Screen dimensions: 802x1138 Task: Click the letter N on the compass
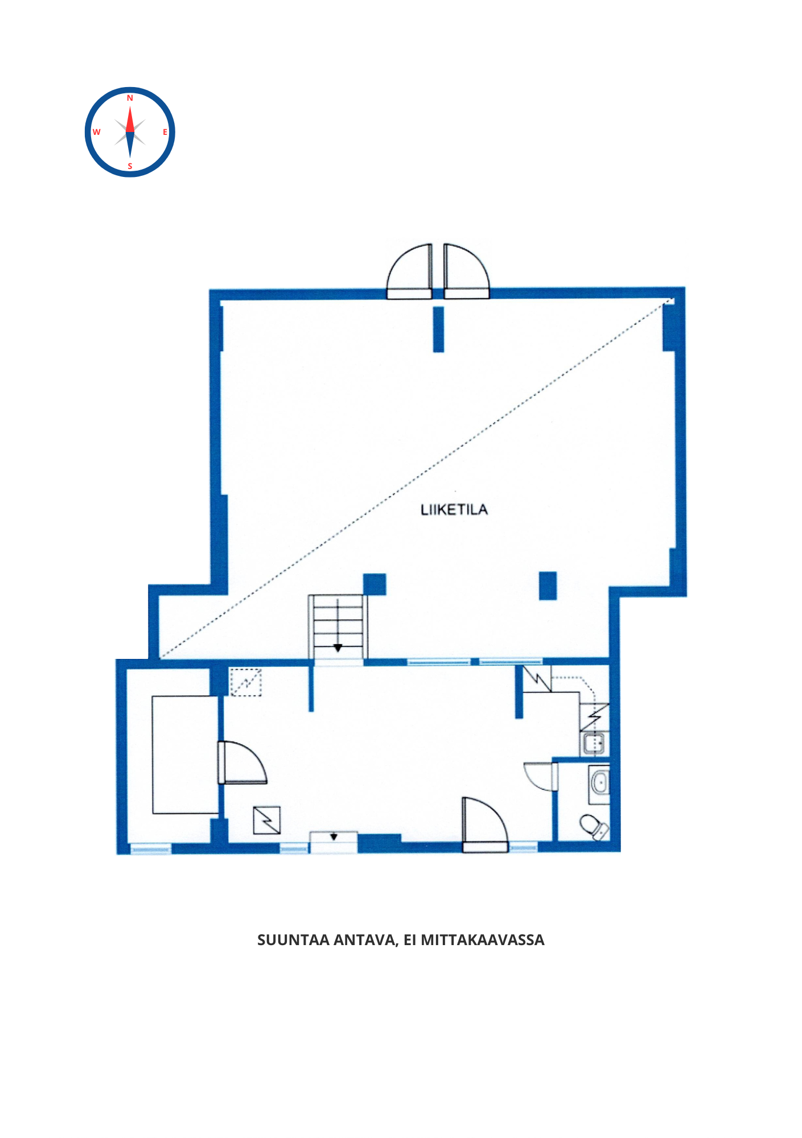(x=130, y=98)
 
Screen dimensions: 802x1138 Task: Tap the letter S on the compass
(x=130, y=167)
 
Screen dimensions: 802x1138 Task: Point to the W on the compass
(x=96, y=132)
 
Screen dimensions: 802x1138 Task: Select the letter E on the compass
(x=165, y=132)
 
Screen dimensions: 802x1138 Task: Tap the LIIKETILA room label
(x=454, y=510)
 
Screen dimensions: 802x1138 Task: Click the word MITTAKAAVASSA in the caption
(x=483, y=940)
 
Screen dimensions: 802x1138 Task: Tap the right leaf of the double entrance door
(x=466, y=272)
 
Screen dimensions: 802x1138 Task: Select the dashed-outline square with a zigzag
(x=245, y=682)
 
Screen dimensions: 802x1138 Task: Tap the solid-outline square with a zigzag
(x=266, y=820)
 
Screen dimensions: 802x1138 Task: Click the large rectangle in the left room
(x=186, y=754)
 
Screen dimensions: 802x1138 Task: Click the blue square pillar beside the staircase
(x=375, y=584)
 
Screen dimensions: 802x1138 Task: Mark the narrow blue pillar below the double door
(x=438, y=329)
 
